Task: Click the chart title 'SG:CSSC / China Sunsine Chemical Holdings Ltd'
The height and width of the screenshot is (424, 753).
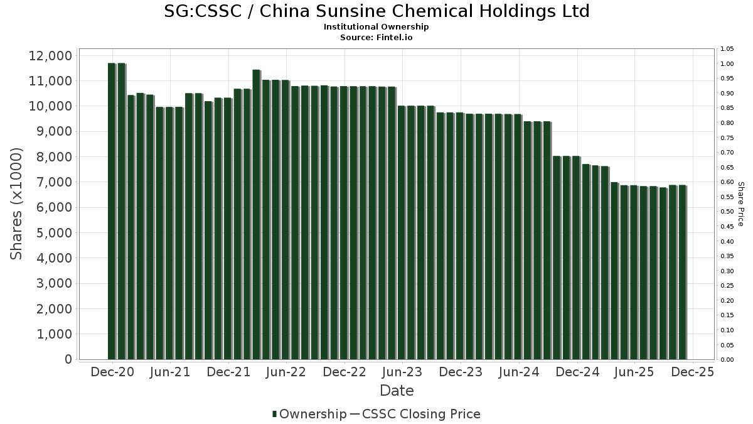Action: click(x=376, y=12)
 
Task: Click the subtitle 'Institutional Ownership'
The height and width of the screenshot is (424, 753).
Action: click(x=376, y=27)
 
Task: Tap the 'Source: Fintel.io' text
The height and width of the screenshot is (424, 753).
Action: click(x=376, y=38)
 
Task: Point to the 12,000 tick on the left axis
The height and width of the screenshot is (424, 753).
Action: click(x=50, y=56)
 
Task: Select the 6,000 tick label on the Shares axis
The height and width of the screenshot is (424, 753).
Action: click(x=50, y=208)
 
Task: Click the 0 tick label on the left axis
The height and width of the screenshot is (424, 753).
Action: click(x=67, y=359)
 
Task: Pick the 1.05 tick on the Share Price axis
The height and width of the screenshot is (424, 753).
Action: click(x=727, y=49)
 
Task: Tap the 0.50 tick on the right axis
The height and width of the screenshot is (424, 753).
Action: click(x=727, y=212)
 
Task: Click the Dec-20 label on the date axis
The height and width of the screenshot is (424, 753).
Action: click(x=112, y=372)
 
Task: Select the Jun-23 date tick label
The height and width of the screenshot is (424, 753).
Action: click(x=402, y=372)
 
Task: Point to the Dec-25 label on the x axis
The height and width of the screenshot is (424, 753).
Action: click(x=692, y=372)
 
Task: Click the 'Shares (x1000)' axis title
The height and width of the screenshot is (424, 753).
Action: click(x=17, y=204)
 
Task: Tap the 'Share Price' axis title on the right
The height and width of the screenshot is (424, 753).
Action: click(x=740, y=204)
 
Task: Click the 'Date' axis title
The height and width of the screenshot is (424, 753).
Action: click(x=397, y=391)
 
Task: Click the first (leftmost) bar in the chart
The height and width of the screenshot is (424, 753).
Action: click(x=112, y=211)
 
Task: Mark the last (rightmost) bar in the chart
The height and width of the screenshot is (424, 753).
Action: click(x=682, y=272)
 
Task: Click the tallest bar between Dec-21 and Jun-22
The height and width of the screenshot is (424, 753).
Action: click(x=256, y=214)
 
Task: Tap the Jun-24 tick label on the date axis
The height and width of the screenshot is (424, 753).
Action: click(x=518, y=372)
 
